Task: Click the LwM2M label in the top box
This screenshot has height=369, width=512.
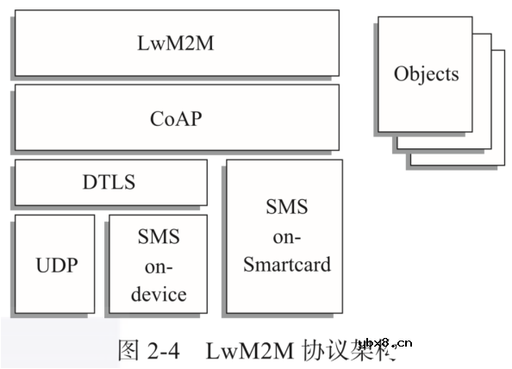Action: tap(175, 42)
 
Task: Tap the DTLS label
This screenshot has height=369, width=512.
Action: tap(109, 182)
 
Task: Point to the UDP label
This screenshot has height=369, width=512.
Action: tap(54, 265)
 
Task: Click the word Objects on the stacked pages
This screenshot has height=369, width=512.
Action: tap(426, 73)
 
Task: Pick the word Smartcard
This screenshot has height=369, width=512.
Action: tap(286, 264)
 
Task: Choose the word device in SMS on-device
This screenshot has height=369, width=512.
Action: tap(158, 294)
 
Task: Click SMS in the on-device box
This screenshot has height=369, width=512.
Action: tap(158, 236)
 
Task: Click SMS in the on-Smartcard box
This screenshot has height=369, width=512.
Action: tap(286, 207)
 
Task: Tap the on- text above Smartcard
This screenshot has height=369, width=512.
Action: tap(286, 235)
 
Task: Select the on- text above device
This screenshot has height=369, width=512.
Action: tap(158, 266)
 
